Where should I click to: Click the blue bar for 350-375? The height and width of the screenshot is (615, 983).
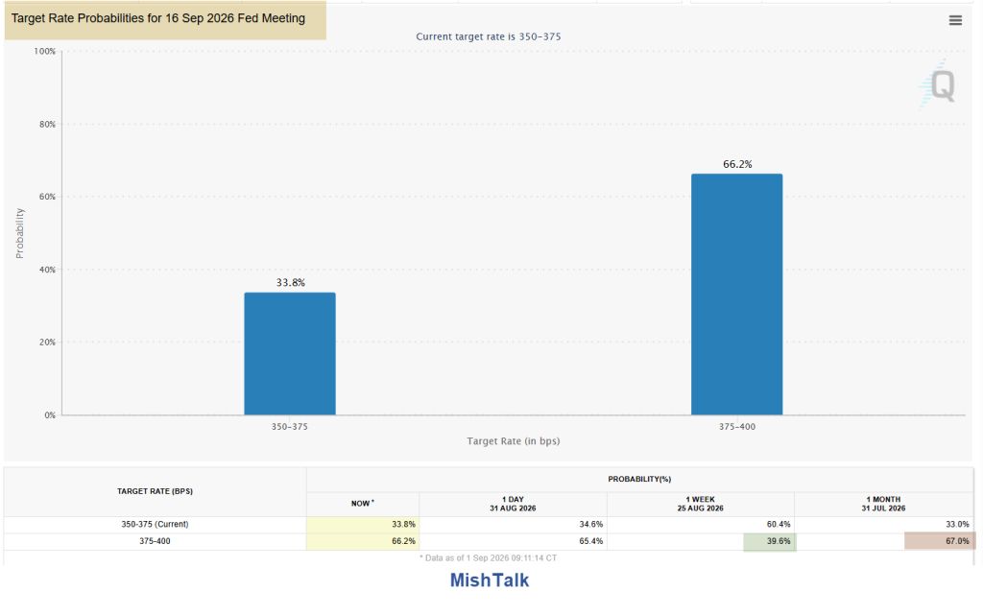pos(290,353)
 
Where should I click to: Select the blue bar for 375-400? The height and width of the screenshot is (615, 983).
pos(736,295)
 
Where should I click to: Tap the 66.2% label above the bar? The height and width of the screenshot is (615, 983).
pos(737,164)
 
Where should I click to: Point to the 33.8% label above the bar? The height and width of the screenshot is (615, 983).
pos(290,282)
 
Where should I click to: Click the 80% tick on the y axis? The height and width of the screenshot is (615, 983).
pos(47,124)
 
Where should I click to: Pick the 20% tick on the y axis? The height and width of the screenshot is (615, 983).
pos(47,342)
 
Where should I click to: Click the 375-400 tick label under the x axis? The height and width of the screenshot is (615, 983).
pos(736,427)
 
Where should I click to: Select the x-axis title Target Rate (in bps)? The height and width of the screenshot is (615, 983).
pos(514,441)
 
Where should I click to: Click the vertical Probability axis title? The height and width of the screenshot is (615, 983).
pos(19,233)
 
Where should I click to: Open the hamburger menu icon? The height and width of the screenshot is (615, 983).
pos(955,21)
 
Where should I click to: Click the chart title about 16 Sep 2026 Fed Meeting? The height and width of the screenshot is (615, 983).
pos(158,18)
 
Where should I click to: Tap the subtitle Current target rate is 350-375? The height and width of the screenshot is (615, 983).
pos(489,36)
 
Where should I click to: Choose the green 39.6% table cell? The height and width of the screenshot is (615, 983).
pos(769,541)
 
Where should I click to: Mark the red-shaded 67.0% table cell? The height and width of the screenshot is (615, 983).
pos(939,541)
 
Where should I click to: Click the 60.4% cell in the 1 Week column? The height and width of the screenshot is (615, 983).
pos(778,524)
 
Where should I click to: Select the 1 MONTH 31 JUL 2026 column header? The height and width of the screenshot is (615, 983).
pos(883,504)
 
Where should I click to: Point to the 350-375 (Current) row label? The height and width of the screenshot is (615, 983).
pos(155,524)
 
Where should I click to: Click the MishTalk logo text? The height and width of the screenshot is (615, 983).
pos(490,580)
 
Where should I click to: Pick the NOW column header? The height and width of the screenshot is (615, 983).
pos(362,503)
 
